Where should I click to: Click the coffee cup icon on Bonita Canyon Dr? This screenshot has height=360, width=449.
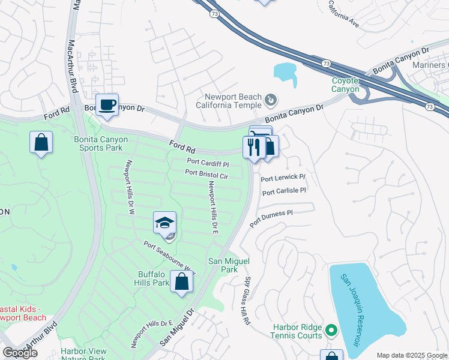(x=107, y=105)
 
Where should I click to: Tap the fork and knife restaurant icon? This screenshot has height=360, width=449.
(x=253, y=147)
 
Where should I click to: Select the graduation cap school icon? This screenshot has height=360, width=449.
(x=164, y=223)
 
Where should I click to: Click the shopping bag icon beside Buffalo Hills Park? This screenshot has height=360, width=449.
(x=181, y=281)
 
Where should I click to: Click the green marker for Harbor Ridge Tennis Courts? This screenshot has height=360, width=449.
(x=330, y=331)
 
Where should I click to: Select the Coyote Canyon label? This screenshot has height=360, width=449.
(x=345, y=85)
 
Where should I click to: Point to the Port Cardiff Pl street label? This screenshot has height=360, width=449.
(x=208, y=163)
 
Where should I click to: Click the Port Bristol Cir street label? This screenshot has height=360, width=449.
(x=206, y=175)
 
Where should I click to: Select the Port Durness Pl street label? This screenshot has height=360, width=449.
(x=271, y=217)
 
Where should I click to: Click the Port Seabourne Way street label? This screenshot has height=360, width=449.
(x=169, y=257)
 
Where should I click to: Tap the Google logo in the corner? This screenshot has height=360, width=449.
(x=20, y=353)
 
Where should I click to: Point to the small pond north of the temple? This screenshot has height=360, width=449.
(x=285, y=72)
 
